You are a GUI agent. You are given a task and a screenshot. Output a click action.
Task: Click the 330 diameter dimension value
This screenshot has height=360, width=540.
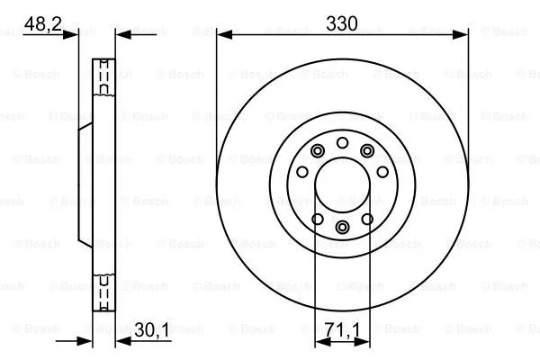pos(343,24)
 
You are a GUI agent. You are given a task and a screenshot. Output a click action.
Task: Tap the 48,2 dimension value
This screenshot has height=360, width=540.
pos(42,24)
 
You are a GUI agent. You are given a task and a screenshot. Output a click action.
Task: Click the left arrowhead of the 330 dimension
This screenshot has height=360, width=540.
pos(223,35)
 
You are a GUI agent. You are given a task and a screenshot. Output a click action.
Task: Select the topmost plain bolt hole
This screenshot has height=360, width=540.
pos(342,143)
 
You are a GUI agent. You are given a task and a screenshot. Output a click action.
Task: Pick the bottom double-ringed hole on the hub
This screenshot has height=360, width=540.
pos(342,228)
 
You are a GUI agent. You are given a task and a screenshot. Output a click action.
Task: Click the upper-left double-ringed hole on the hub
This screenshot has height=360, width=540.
pos(317,150)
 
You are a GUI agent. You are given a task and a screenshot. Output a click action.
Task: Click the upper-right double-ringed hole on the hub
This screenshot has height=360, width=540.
pos(367,150)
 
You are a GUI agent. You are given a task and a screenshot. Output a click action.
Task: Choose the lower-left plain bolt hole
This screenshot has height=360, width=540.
pos(316,218)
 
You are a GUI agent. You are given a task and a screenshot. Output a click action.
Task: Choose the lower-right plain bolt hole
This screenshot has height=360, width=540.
pos(368,218)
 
